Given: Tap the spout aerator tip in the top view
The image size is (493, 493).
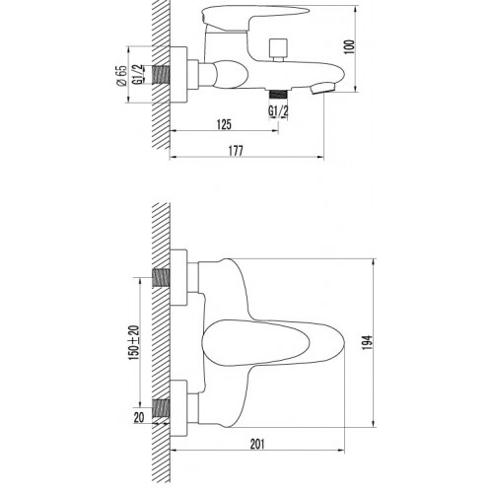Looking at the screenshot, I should click(x=317, y=87).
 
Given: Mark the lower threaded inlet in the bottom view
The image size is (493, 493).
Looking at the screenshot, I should click(x=161, y=405).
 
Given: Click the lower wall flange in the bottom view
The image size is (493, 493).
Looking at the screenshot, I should click(x=180, y=405).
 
